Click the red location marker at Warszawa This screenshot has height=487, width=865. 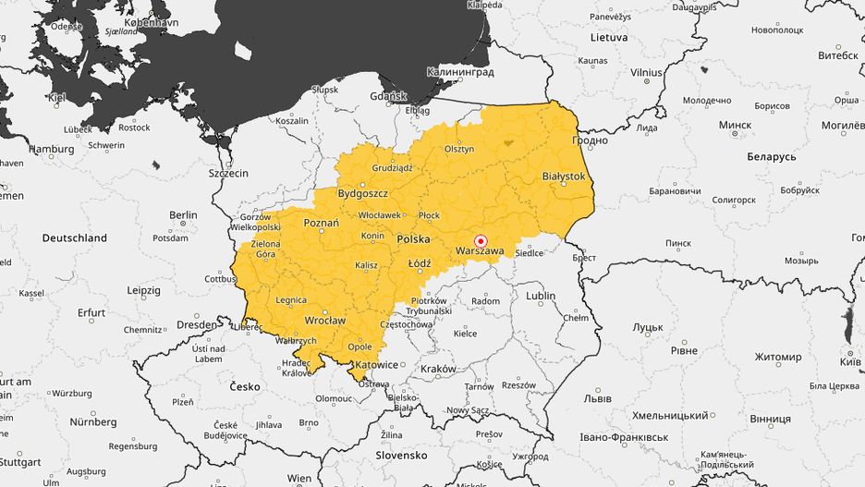[x=480, y=241]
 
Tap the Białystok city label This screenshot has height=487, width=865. [x=563, y=176]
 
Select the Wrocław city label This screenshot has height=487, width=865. [x=324, y=321]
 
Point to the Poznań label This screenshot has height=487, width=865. [x=322, y=223]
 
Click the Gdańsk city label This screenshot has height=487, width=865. [x=387, y=96]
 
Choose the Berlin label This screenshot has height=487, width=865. [x=183, y=215]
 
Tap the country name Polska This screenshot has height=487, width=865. [x=413, y=239]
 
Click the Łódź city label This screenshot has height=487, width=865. [x=420, y=263]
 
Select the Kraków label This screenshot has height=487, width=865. [x=438, y=369]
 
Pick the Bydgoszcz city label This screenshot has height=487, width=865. [x=363, y=194]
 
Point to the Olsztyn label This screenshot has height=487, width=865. [x=458, y=149]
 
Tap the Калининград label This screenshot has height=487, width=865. [x=460, y=72]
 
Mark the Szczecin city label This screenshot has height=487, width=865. [x=228, y=173]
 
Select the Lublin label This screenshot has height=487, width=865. [x=541, y=297]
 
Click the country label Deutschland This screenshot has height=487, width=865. [x=75, y=238]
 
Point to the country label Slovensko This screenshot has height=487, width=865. [x=401, y=456]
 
